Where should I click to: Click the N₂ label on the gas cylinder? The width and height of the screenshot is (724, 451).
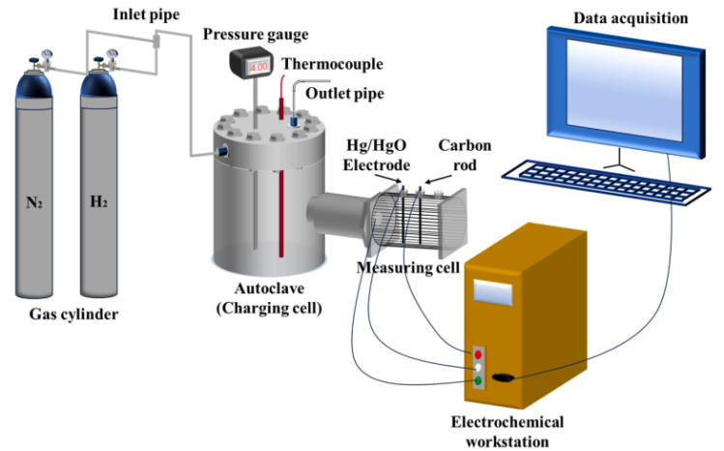[38, 206]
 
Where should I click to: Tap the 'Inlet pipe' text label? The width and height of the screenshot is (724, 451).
[144, 15]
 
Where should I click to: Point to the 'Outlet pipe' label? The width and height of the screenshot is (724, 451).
[340, 93]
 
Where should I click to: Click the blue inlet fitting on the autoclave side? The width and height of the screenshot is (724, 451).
[220, 153]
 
